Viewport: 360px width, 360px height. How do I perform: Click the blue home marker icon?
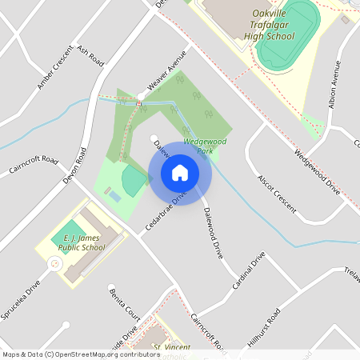(180, 173)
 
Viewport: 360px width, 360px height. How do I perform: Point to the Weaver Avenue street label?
(166, 69)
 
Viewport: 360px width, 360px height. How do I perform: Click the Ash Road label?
(90, 55)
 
